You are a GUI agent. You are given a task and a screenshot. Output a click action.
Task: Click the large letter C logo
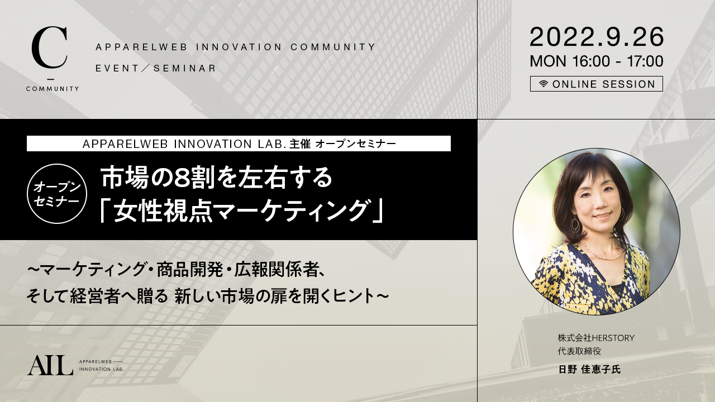click(x=50, y=48)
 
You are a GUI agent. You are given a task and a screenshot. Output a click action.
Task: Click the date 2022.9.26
click(x=597, y=37)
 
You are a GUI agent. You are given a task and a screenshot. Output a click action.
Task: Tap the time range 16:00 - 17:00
click(x=617, y=61)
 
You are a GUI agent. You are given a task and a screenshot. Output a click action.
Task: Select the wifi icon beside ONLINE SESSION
click(x=544, y=84)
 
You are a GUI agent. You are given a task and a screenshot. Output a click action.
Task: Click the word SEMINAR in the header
click(x=185, y=68)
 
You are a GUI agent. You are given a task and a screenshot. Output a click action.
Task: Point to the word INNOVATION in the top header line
click(x=239, y=47)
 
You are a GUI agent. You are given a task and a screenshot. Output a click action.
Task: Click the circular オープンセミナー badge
click(x=57, y=194)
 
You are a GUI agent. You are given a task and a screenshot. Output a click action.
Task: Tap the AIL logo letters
click(x=50, y=365)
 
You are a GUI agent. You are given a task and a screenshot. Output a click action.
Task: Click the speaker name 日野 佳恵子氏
click(x=589, y=369)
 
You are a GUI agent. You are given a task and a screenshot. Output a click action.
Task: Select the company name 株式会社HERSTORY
click(x=596, y=338)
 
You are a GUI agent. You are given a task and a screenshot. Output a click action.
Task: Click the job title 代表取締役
click(x=579, y=351)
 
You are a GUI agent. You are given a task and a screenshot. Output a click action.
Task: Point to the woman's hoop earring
click(x=575, y=224)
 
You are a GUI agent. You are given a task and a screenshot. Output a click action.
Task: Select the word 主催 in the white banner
click(x=300, y=144)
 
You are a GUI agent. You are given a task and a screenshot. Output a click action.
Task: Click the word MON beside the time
click(x=548, y=61)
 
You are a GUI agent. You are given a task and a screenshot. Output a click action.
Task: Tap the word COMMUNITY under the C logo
click(x=53, y=89)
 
